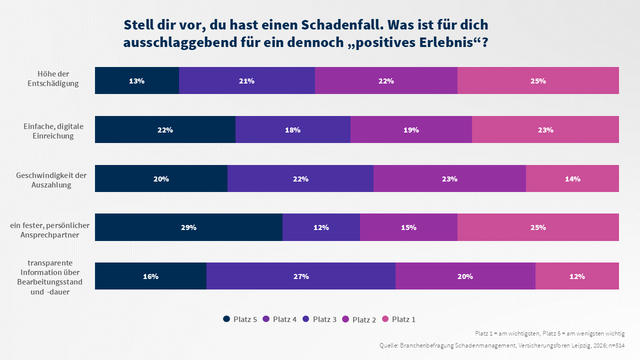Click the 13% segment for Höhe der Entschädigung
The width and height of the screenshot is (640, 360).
click(136, 80)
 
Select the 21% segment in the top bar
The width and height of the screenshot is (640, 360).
click(246, 80)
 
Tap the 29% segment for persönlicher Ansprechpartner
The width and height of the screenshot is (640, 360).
click(188, 227)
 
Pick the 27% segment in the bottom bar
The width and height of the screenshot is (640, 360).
click(300, 276)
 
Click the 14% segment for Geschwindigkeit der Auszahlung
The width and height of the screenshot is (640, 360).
click(572, 178)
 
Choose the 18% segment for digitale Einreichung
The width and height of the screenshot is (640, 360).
click(292, 129)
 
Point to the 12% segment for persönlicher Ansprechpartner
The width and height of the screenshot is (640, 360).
click(321, 227)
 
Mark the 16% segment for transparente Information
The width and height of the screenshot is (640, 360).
click(150, 276)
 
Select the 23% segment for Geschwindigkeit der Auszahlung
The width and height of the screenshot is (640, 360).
click(449, 178)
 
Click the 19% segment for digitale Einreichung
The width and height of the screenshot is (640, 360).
click(411, 129)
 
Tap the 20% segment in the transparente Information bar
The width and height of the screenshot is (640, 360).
click(465, 276)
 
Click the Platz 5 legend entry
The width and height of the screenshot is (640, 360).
click(240, 319)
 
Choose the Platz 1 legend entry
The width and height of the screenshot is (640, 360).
click(398, 319)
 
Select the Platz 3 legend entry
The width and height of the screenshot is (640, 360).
click(319, 319)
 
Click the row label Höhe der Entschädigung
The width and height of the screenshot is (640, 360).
click(53, 78)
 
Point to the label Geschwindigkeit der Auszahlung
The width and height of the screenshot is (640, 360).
click(51, 180)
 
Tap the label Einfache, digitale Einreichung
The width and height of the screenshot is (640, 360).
click(53, 131)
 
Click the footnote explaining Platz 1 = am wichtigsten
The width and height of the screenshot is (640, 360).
click(549, 333)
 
